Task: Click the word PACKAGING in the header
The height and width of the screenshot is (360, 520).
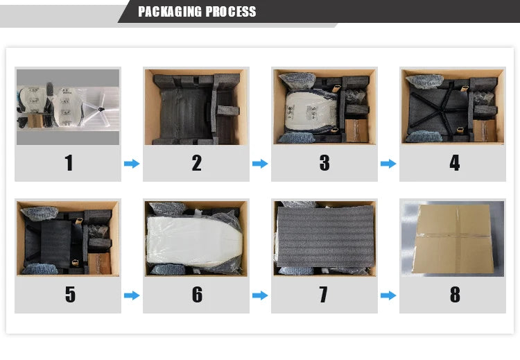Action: [170, 12]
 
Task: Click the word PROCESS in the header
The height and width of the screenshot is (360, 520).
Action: [231, 12]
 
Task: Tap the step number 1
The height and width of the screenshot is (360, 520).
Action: [69, 162]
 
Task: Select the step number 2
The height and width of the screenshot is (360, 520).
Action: [196, 162]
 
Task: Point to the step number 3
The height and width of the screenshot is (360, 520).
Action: [324, 162]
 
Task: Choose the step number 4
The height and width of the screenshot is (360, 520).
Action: [454, 162]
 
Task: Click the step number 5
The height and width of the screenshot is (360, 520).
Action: [70, 294]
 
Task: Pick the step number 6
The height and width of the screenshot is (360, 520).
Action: [197, 294]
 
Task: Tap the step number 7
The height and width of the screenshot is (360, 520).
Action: [323, 294]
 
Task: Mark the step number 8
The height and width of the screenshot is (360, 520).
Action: [455, 294]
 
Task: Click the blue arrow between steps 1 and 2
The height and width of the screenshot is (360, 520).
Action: [132, 164]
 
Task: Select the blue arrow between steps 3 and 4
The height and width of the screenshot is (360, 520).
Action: [388, 164]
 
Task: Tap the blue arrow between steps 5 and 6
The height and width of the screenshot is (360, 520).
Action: [132, 295]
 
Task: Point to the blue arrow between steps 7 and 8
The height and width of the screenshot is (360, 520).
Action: [388, 295]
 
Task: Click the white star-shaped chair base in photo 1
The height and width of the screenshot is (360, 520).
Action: [101, 108]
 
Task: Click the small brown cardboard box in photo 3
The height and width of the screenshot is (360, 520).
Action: [356, 130]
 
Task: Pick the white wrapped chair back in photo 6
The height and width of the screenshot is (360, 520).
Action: [195, 239]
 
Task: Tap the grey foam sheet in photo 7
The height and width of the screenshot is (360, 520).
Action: [325, 236]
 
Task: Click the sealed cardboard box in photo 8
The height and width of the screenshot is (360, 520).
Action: [453, 239]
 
